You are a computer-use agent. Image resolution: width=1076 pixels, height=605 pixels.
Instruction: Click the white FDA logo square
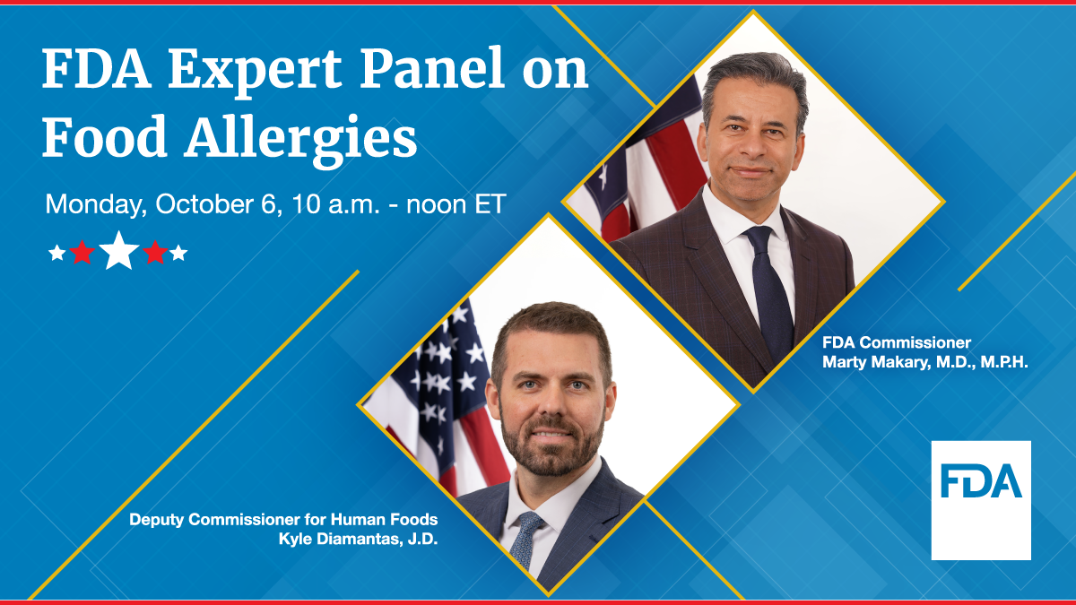coord(981,500)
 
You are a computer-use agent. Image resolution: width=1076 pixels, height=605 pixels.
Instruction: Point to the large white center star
coord(119,251)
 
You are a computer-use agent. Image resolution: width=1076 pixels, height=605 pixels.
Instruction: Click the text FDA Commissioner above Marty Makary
coord(897,343)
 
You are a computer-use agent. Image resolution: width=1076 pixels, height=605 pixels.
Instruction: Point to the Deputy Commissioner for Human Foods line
coord(283,520)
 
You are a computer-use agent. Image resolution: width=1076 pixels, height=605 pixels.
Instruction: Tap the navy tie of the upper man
coord(767,287)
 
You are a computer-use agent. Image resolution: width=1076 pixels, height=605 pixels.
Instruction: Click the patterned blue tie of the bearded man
coord(526,538)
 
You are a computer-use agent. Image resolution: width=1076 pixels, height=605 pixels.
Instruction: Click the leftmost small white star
coord(57,253)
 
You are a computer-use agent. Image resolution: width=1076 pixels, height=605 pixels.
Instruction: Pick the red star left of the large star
coord(82,253)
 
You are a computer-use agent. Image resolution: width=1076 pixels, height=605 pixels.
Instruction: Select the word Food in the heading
coord(93,139)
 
